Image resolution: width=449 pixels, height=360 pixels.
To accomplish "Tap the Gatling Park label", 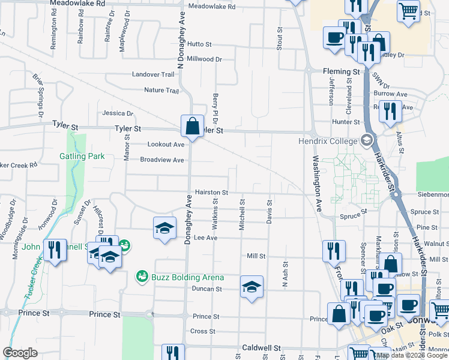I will click(x=82, y=157).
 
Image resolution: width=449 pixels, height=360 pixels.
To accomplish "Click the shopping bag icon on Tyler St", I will click(x=191, y=127).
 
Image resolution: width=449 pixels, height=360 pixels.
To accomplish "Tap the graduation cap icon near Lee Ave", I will click(x=164, y=228).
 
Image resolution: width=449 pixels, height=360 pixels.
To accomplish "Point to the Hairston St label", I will click(x=211, y=193).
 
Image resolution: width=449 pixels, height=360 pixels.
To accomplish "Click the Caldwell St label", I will click(x=262, y=348).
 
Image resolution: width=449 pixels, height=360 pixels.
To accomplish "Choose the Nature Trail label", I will click(x=161, y=91).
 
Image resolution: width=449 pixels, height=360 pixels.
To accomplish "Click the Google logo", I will click(x=20, y=353).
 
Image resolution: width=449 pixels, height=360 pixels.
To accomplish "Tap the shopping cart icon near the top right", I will click(x=408, y=11).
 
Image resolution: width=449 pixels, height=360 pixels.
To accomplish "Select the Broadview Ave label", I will click(x=162, y=160).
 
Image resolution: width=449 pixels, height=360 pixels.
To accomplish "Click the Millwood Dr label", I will click(x=205, y=59).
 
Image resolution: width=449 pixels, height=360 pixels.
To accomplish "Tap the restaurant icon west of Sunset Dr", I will click(x=55, y=250).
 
